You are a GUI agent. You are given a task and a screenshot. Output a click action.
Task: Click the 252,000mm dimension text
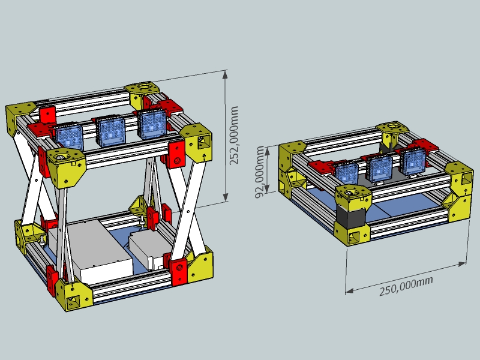coord(235,135)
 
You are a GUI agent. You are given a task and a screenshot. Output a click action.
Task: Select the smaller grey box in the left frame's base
coord(147,248)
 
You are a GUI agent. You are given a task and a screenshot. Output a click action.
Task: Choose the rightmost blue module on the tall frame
coord(151,125)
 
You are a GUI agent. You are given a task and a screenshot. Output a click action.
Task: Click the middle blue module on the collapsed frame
coord(379,167)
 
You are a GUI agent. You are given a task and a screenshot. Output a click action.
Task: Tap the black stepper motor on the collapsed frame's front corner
coord(347,215)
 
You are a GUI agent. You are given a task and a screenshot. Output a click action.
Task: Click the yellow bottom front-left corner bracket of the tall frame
coord(74,295)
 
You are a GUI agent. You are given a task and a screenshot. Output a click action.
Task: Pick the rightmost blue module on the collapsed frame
coord(413,161)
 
